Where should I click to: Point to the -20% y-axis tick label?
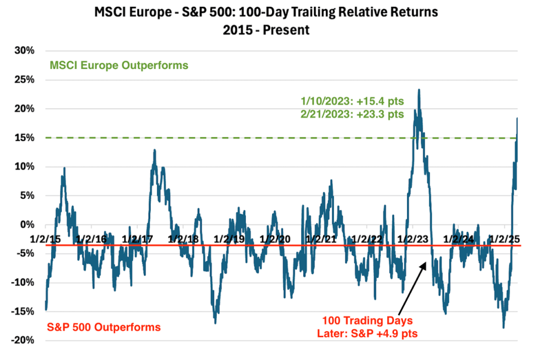click(x=23, y=340)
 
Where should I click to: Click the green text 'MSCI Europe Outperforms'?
click(x=119, y=66)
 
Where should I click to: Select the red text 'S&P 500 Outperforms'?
click(x=104, y=327)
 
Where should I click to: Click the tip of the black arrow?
click(x=426, y=260)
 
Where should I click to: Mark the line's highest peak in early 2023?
click(x=419, y=90)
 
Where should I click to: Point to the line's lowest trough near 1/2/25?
click(x=504, y=328)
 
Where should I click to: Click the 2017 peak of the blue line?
click(x=155, y=150)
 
